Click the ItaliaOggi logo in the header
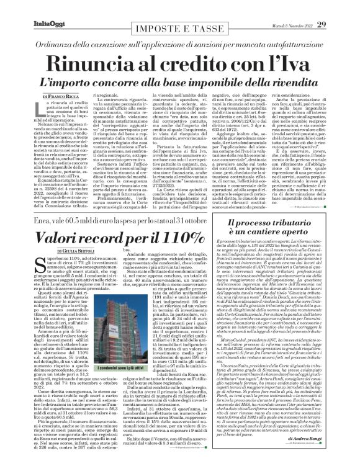point(30,7)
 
